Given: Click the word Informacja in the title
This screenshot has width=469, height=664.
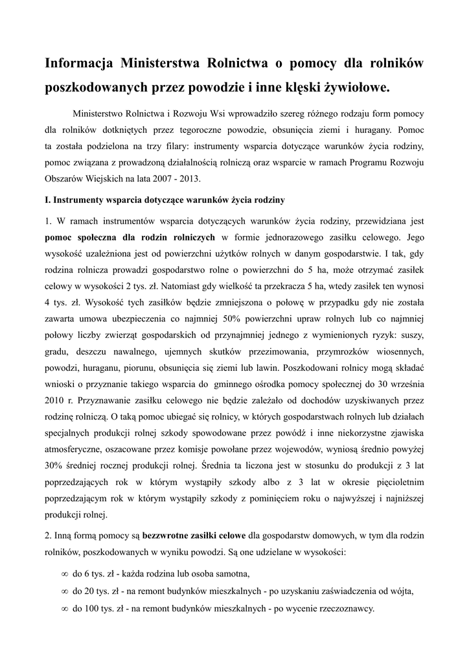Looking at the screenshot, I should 76,63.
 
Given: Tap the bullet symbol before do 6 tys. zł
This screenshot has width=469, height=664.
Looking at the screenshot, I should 64,574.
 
